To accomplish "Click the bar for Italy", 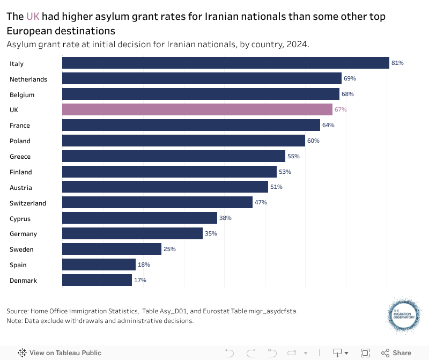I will click(x=225, y=63).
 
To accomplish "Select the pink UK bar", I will click(x=197, y=109).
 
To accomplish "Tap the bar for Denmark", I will click(x=97, y=280).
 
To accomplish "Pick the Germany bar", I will click(x=132, y=233).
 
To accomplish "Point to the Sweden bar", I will click(x=112, y=249).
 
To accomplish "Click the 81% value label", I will click(x=397, y=63).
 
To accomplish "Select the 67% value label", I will click(x=341, y=109).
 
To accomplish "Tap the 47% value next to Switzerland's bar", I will click(x=261, y=203).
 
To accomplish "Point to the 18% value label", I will click(x=144, y=265).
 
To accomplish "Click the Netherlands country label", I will click(x=28, y=79).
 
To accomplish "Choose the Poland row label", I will click(x=20, y=141).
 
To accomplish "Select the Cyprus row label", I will click(x=20, y=219).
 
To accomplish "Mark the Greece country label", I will click(x=20, y=157).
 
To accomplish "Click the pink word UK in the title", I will click(x=33, y=17).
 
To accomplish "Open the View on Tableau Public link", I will click(x=60, y=352).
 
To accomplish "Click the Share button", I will click(x=396, y=352).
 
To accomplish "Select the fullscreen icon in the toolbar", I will click(x=365, y=352).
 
